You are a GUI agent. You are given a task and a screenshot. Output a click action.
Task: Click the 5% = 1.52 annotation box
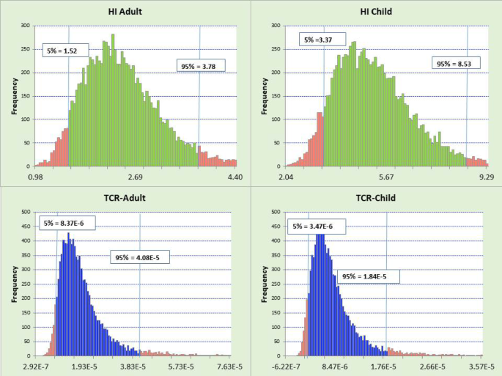65,51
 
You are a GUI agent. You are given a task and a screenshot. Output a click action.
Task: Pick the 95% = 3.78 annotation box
202,67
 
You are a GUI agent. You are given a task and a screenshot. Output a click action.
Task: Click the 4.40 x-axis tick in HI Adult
234,177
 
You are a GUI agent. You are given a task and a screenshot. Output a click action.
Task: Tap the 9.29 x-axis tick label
485,177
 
